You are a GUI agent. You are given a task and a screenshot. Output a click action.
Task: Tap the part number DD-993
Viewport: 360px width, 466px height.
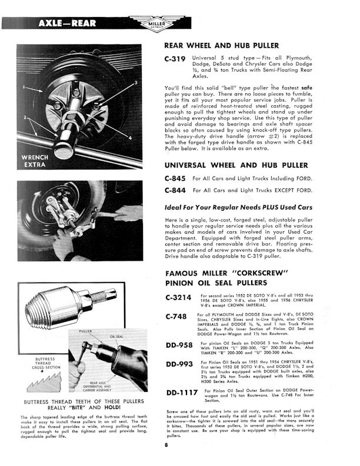tap(179, 364)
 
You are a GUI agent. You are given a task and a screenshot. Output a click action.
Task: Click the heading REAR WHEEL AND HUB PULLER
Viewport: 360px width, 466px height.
tap(221, 45)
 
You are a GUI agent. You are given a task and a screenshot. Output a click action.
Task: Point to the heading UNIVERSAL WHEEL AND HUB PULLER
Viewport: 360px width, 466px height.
tap(235, 165)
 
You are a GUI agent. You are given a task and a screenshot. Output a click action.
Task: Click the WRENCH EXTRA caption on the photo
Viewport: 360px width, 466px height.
tap(39, 162)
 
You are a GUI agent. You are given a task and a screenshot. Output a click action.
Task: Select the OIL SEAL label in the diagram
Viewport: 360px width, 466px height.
tap(114, 337)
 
